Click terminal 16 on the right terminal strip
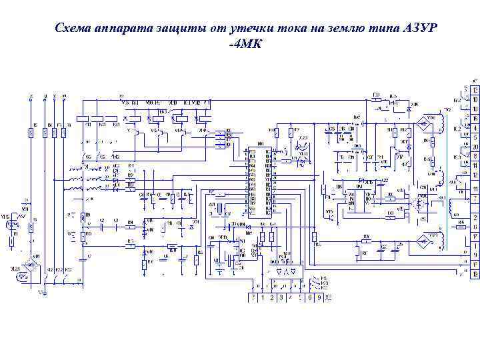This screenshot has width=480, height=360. click(475, 118)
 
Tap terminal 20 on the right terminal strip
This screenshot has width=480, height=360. click(475, 147)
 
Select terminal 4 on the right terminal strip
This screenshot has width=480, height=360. click(475, 127)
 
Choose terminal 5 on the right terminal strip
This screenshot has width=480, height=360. click(475, 137)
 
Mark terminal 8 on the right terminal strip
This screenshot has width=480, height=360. click(475, 156)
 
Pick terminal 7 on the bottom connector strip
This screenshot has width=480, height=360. click(253, 298)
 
